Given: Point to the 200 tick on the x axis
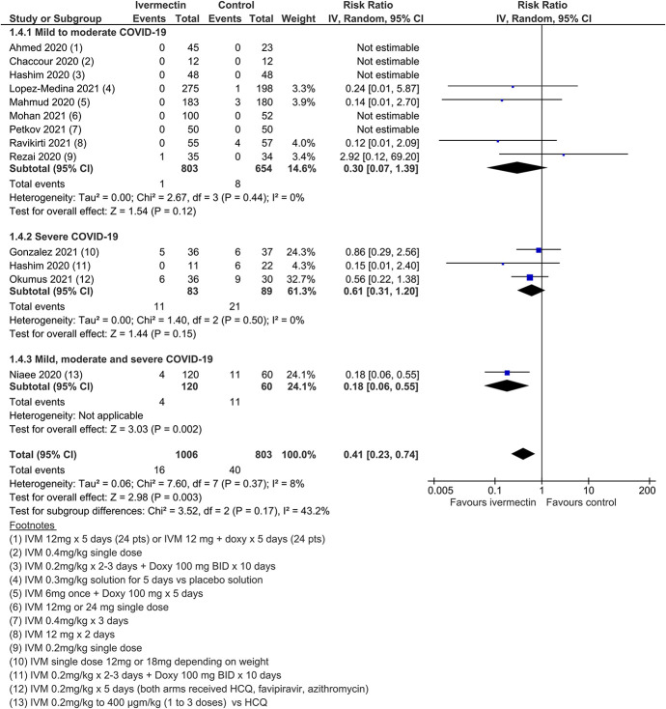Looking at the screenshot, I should [643, 490].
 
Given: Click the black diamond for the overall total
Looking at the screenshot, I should [523, 453].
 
